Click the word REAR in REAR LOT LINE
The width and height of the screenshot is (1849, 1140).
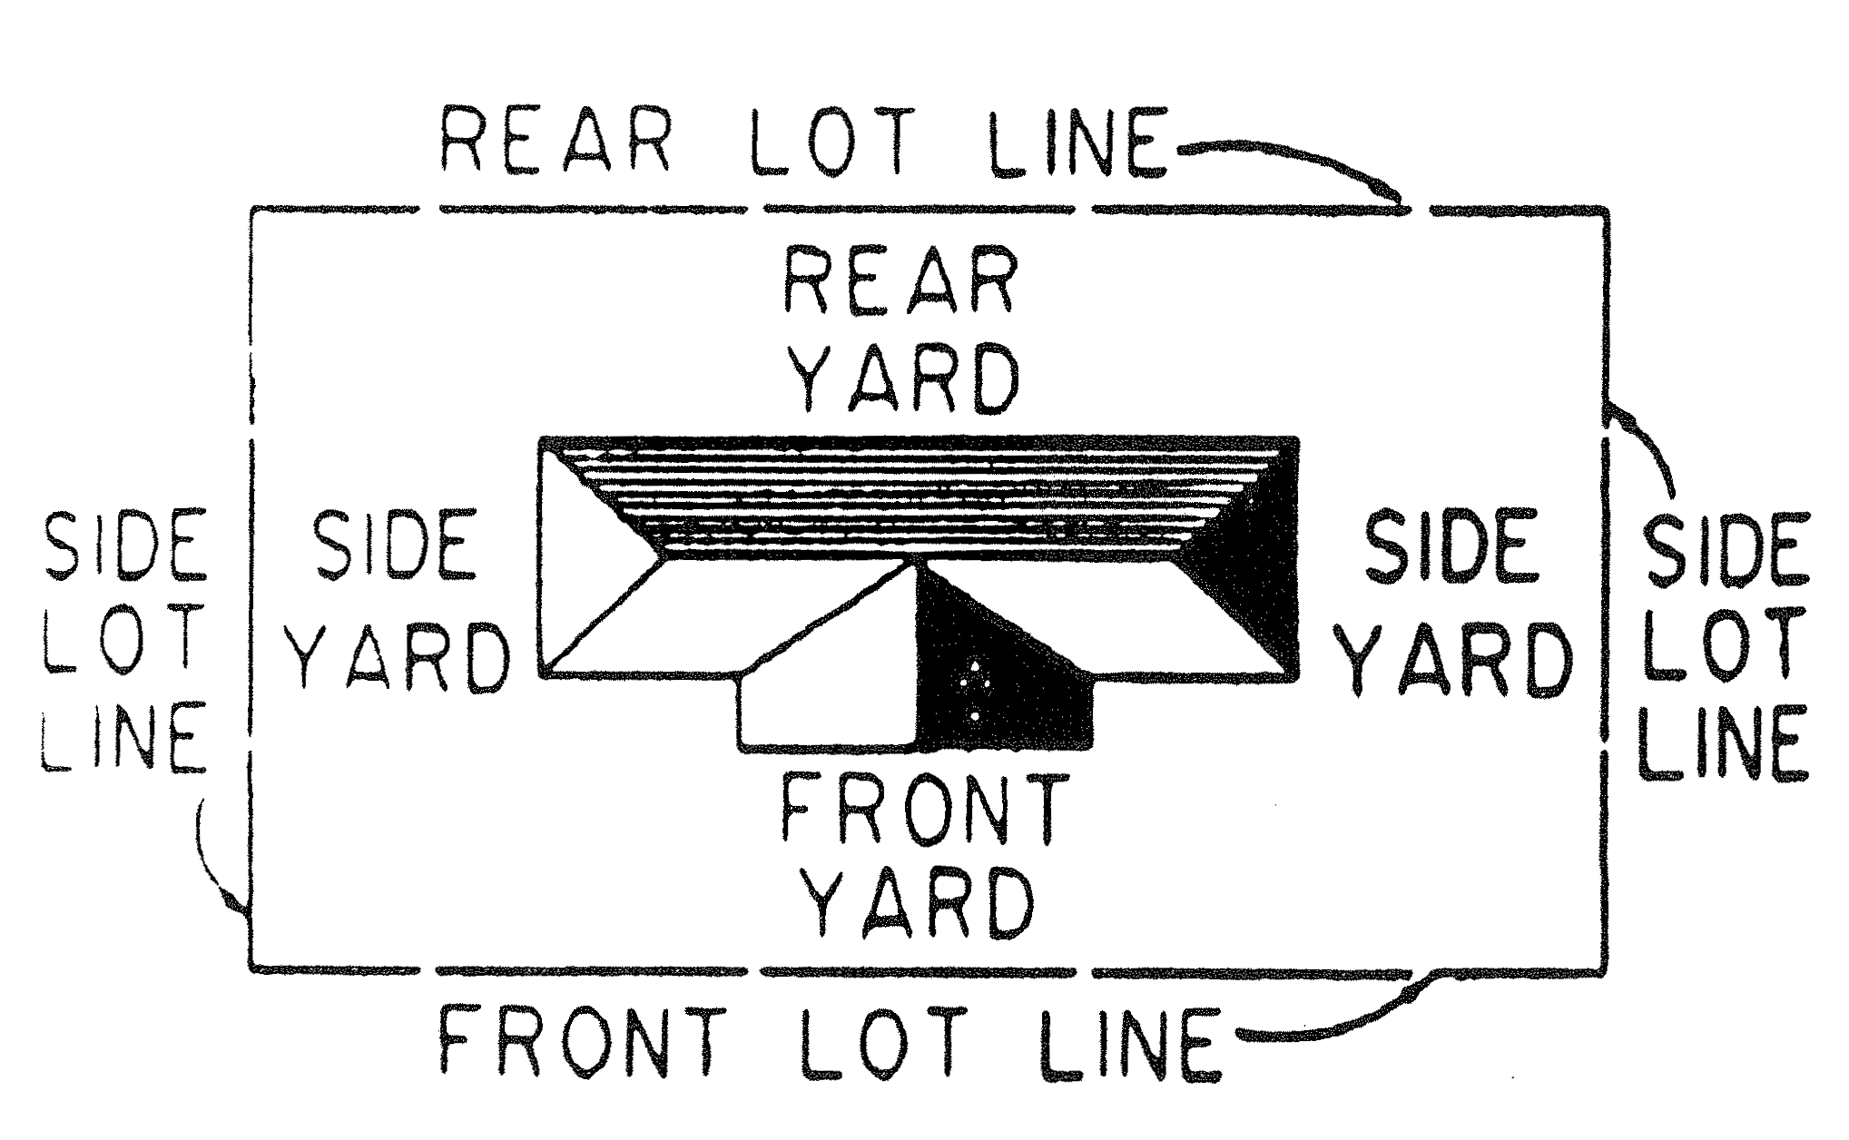[x=555, y=142]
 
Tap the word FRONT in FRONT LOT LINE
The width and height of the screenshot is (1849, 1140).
[x=582, y=1042]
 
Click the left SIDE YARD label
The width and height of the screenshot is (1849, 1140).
[x=398, y=601]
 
